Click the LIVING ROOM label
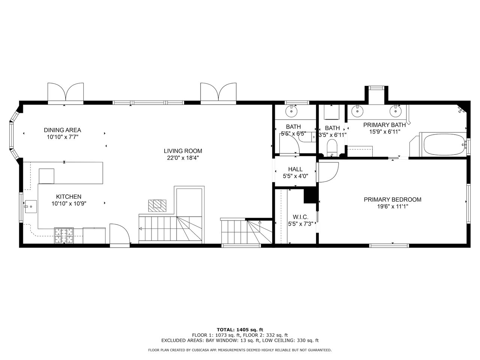coord(183,151)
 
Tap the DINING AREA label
coord(63,130)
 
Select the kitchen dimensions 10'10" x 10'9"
coord(69,204)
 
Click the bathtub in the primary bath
coord(444,145)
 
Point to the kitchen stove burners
coord(64,235)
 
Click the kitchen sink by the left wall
coord(30,206)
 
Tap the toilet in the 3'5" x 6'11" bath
coord(332,148)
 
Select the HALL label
coord(295,169)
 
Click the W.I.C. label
coord(300,217)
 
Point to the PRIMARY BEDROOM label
coord(393,199)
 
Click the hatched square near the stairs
coord(157,205)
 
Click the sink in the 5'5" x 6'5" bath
coord(291,111)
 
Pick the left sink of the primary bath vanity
coord(357,111)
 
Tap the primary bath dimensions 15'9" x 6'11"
coord(385,132)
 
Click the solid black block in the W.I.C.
coord(310,196)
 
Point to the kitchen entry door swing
coord(120,233)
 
